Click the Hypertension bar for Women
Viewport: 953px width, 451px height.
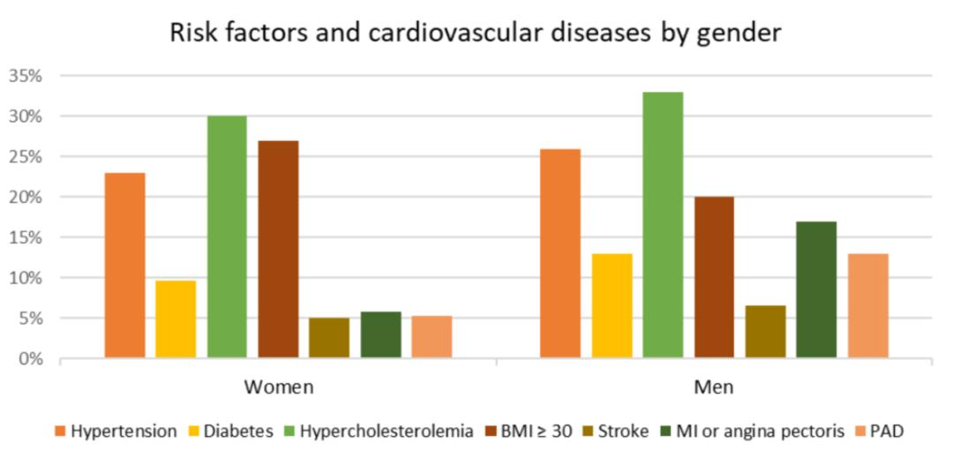tap(125, 265)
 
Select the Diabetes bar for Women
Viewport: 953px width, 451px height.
tap(176, 319)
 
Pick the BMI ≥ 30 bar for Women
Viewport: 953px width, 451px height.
tap(278, 249)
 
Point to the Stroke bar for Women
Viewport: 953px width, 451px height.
tap(329, 338)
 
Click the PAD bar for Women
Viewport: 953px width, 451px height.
tap(431, 337)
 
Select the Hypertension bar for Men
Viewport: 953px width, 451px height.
tap(560, 253)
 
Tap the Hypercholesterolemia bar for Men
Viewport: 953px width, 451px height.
tap(663, 225)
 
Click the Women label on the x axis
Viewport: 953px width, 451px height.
tap(278, 387)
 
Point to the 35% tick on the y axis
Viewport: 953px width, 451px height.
tap(26, 76)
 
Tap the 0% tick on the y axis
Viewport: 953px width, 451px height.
tap(29, 359)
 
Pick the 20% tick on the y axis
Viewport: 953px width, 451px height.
tap(26, 197)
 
